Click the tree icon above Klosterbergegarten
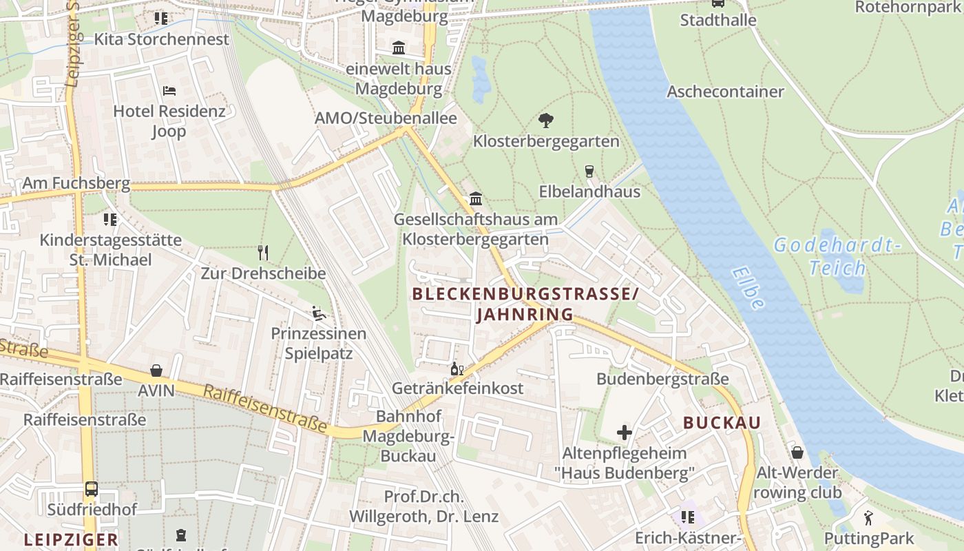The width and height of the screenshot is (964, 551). (546, 121)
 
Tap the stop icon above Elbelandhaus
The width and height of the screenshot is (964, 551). (589, 171)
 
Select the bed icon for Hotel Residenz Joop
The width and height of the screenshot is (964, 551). (169, 91)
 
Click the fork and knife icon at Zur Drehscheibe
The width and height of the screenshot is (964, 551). (262, 252)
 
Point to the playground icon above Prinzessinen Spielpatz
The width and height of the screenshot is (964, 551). (318, 313)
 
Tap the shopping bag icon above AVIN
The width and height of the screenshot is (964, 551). (157, 371)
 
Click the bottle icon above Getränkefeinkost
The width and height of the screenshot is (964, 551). (457, 368)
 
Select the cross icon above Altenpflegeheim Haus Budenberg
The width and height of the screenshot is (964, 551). (625, 433)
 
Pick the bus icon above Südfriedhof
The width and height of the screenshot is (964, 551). (92, 489)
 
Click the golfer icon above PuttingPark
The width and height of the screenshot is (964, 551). (868, 518)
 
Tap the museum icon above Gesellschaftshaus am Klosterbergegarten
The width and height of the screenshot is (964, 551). (475, 199)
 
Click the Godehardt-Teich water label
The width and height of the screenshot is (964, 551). (837, 256)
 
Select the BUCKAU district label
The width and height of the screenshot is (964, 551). (722, 423)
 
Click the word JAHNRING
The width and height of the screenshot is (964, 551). (525, 315)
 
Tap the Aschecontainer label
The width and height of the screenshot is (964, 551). (725, 92)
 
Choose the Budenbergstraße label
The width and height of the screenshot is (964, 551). (662, 379)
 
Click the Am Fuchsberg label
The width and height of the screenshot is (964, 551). (76, 183)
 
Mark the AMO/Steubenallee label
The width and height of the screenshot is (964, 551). (386, 118)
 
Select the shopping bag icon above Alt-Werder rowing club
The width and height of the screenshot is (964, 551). (797, 453)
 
